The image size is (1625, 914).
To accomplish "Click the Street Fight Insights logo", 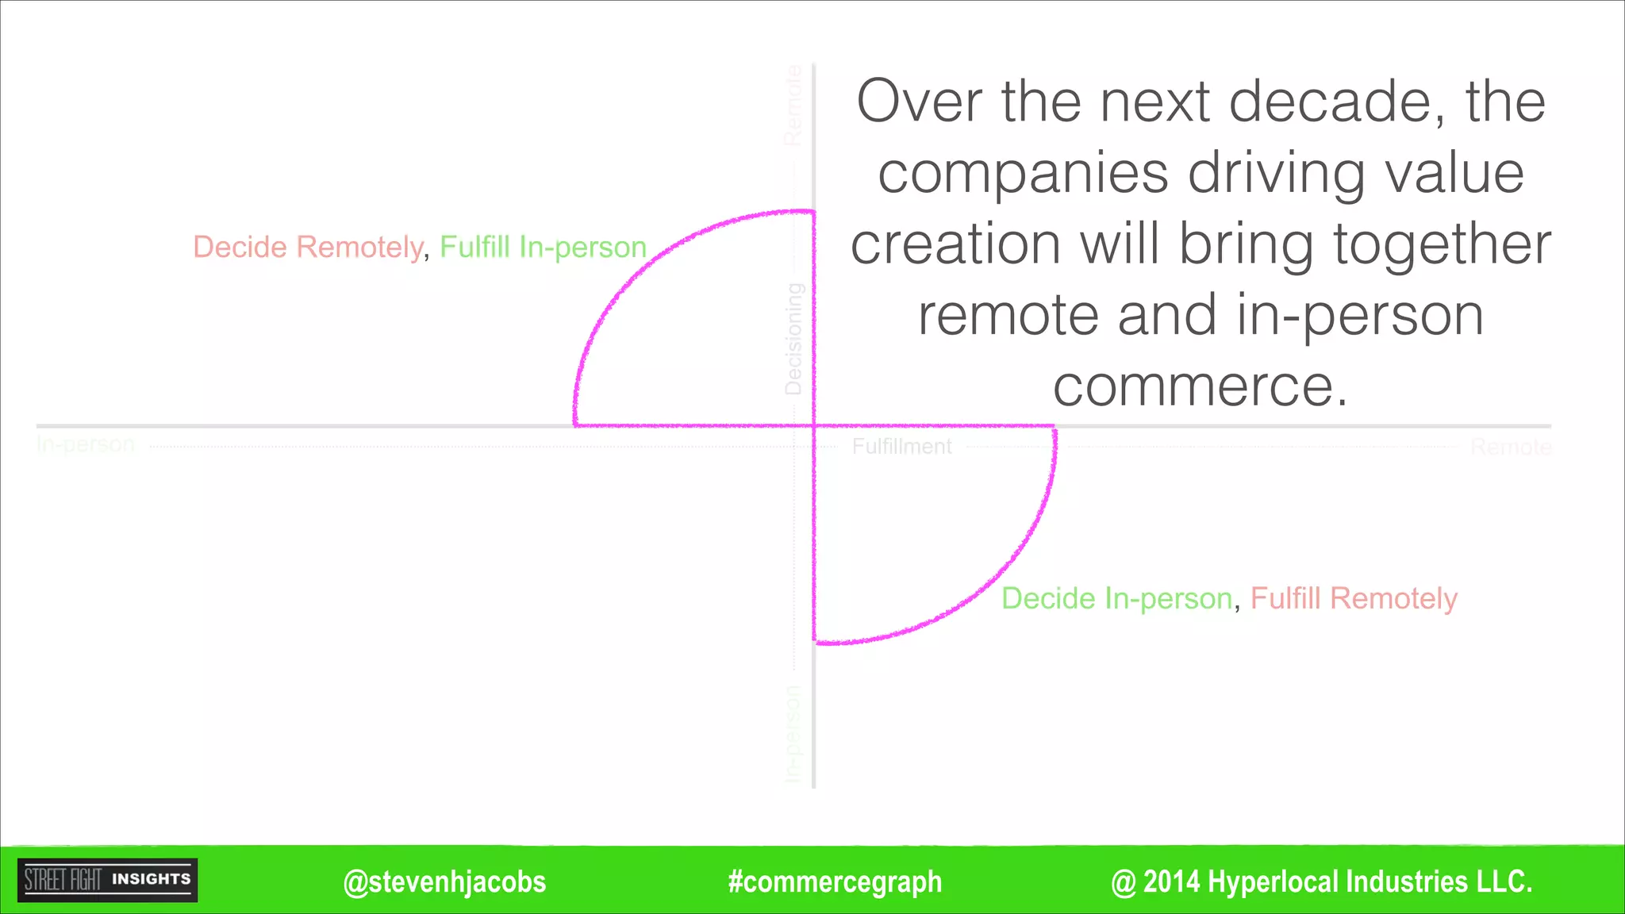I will [x=108, y=880].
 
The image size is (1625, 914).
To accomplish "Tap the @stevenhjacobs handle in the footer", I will [x=444, y=882].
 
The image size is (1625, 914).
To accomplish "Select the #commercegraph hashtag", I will [x=835, y=882].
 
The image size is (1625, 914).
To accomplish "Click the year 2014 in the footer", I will [x=1172, y=882].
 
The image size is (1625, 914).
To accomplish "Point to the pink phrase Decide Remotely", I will [x=308, y=247].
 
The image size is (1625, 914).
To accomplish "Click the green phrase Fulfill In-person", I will [x=544, y=247].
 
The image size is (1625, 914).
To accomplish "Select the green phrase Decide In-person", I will [x=1116, y=598].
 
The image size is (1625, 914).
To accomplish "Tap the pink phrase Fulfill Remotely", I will [x=1354, y=598].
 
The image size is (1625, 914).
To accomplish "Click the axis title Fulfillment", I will [x=901, y=447].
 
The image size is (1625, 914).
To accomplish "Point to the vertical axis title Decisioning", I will [x=793, y=339].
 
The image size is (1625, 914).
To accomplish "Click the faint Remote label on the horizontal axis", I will [x=1510, y=447].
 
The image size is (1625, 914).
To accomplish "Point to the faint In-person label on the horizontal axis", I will [x=86, y=444].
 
